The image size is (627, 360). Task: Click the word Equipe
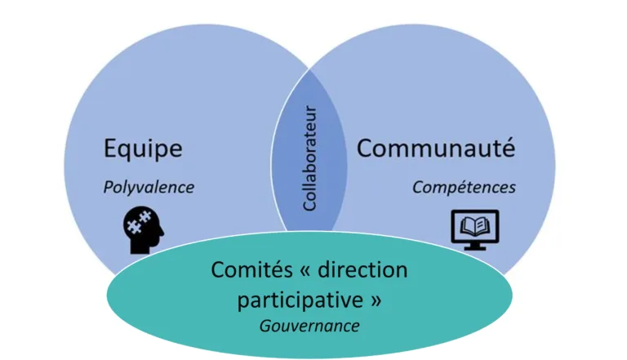[x=143, y=149]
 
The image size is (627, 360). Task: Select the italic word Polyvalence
[x=149, y=188]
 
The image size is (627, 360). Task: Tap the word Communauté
[x=436, y=148]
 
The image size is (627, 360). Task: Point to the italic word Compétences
[x=464, y=188]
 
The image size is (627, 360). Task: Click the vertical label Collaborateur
[x=310, y=158]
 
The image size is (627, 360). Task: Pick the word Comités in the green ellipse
[x=252, y=269]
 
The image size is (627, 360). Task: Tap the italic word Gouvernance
[x=309, y=326]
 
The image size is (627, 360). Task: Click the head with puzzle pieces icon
[x=143, y=229]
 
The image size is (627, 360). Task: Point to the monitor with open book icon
[x=475, y=229]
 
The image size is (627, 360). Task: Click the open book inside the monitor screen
[x=475, y=226]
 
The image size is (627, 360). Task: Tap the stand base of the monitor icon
[x=475, y=247]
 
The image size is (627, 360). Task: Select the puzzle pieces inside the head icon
[x=138, y=222]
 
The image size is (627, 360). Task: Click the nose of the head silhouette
[x=162, y=231]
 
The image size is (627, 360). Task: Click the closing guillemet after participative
[x=376, y=300]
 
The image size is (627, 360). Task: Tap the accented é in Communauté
[x=509, y=148]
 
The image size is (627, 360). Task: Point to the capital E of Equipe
[x=110, y=149]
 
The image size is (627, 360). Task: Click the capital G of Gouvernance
[x=265, y=326]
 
